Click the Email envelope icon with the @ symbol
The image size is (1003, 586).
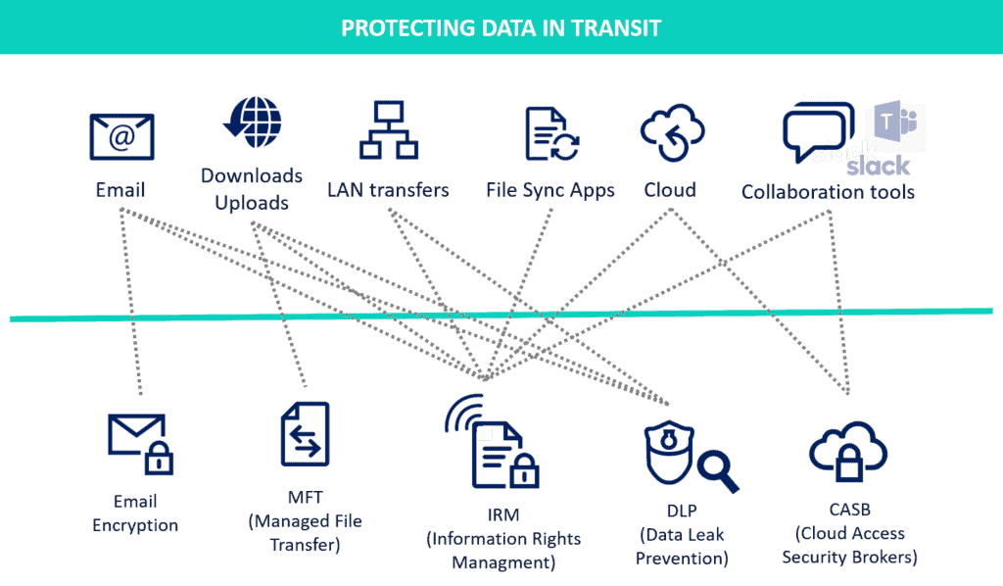(121, 137)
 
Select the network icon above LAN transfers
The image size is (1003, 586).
(388, 130)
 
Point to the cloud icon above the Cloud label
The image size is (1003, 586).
(672, 132)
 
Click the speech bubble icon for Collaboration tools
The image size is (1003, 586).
(819, 131)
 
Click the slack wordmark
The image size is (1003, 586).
(878, 166)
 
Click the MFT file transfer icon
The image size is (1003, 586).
(306, 434)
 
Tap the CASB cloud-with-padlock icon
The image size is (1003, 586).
(848, 451)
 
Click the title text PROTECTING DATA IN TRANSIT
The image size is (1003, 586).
(501, 28)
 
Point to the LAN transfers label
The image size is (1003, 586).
(388, 190)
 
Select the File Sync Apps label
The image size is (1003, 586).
(550, 190)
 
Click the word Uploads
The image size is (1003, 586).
(252, 203)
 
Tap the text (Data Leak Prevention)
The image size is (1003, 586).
(682, 547)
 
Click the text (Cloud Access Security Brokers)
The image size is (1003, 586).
(849, 545)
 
